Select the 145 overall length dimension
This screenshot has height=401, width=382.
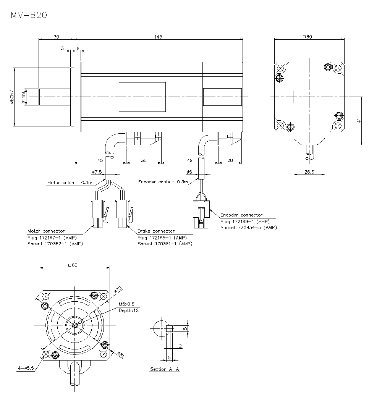tap(158, 37)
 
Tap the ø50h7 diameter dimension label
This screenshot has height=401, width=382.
tap(12, 97)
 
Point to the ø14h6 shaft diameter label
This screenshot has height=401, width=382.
tap(23, 97)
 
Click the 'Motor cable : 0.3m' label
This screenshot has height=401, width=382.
tap(70, 183)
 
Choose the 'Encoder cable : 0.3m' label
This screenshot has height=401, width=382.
tap(163, 182)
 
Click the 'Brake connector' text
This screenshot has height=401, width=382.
tap(156, 231)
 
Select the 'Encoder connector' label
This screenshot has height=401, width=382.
tap(241, 215)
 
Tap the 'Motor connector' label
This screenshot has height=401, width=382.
tap(46, 231)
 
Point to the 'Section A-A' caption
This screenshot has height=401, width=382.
tap(165, 369)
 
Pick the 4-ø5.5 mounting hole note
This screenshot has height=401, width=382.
tap(26, 368)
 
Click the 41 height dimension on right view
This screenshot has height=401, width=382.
tap(359, 120)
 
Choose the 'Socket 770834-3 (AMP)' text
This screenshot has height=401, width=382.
tap(248, 227)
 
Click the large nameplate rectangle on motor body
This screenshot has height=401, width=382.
tap(142, 97)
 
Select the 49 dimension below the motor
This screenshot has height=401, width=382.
tap(190, 160)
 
